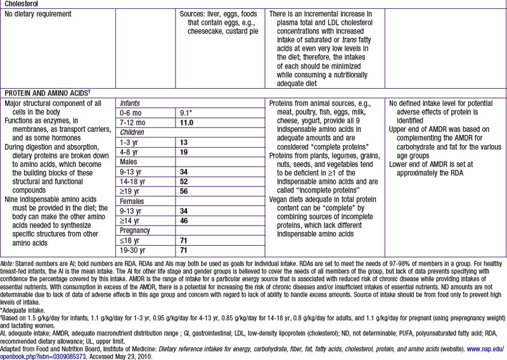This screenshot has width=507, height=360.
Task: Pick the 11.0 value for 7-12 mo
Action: (188, 122)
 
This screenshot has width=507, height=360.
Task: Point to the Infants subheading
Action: (131, 102)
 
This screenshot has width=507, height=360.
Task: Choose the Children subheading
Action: (133, 132)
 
